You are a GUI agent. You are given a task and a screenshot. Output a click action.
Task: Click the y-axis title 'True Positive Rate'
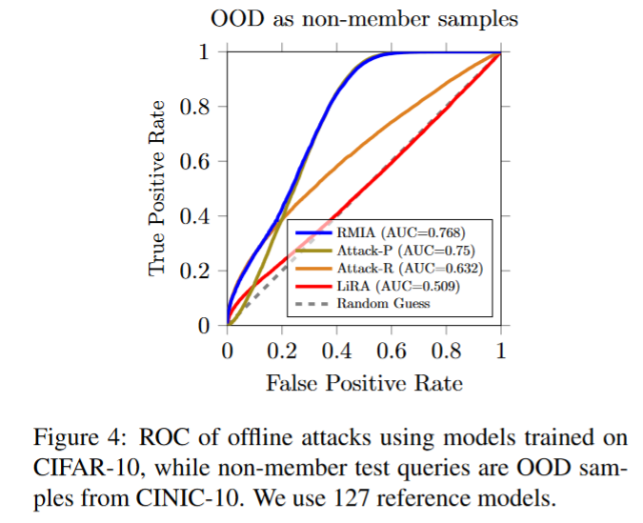[x=159, y=189]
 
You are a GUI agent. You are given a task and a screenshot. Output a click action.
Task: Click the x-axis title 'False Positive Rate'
[x=364, y=383]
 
